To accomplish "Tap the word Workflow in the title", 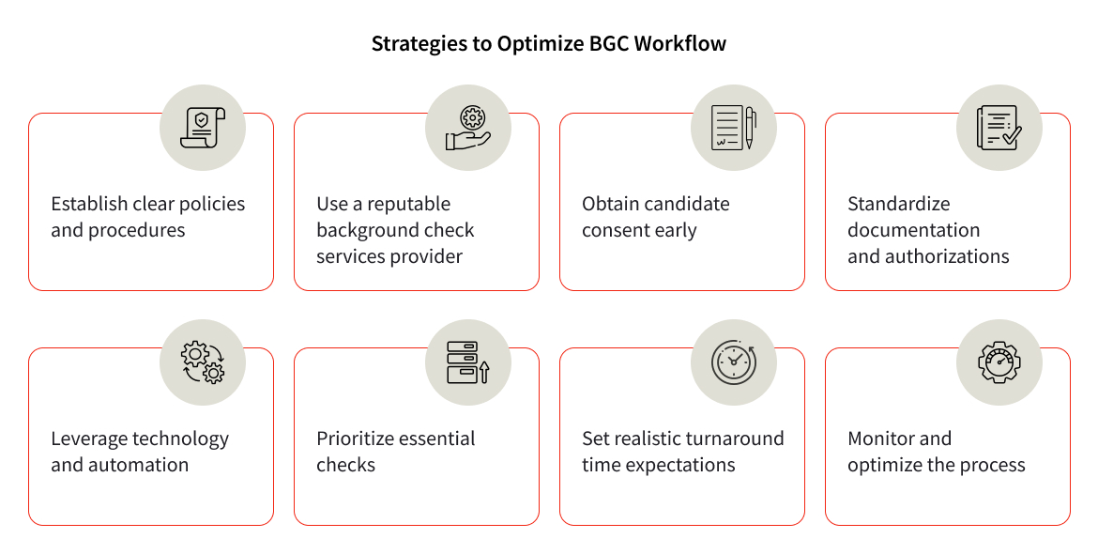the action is (x=680, y=43).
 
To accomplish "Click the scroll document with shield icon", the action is (x=203, y=128).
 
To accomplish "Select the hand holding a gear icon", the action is (x=468, y=128).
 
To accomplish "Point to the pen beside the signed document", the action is (x=749, y=128).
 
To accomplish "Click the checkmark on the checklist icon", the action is (x=1012, y=135).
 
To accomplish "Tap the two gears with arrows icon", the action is (x=203, y=362).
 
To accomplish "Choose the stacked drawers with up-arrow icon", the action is (x=467, y=362).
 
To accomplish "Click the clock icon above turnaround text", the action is (x=734, y=362).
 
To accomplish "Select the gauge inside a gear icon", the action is (x=999, y=362).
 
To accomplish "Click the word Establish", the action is (x=89, y=204).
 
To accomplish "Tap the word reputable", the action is (x=408, y=205).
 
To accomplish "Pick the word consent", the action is (x=614, y=230).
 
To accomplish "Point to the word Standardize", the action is (x=898, y=204).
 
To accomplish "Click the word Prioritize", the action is (x=358, y=439).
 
